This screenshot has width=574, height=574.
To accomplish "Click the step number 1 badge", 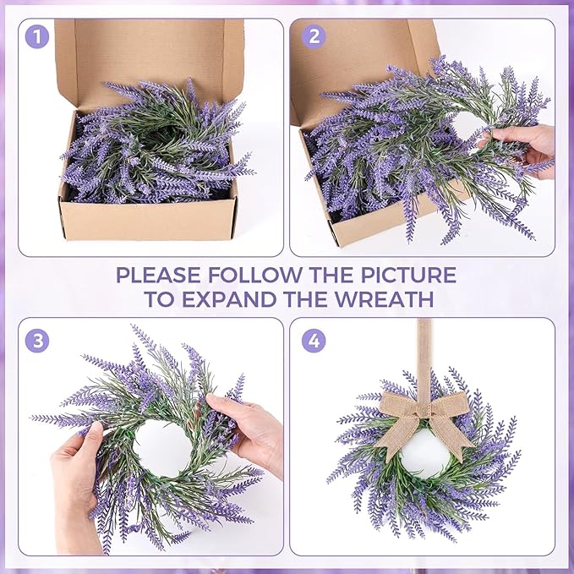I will click(36, 36).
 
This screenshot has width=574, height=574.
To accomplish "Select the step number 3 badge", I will click(36, 341).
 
